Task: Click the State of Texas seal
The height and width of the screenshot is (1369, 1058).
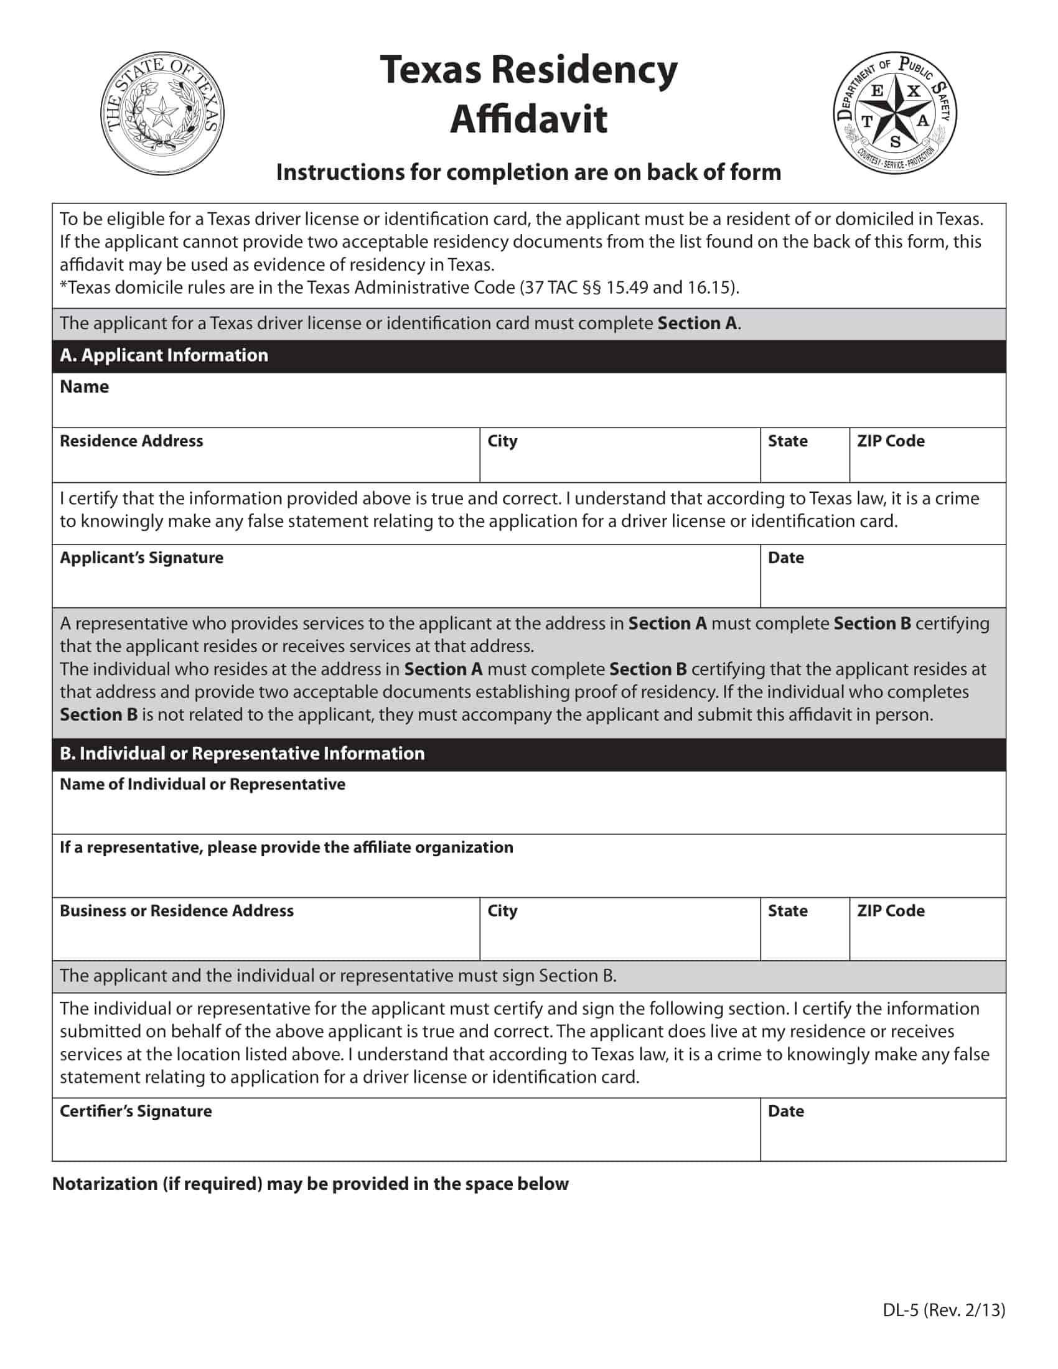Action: point(162,113)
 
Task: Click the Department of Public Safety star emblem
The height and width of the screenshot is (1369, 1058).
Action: point(894,113)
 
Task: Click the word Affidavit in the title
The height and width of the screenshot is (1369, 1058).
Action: point(528,119)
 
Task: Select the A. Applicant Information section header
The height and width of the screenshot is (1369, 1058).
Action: point(164,355)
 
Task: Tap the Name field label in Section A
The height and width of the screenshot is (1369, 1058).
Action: point(84,387)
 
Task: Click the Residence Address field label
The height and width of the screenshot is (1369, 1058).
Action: point(131,441)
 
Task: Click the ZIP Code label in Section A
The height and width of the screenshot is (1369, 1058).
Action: point(890,441)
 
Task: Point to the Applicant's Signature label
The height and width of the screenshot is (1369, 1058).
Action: point(141,558)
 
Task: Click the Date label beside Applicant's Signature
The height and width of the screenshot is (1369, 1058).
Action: point(785,558)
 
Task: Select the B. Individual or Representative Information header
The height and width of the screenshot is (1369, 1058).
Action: point(242,754)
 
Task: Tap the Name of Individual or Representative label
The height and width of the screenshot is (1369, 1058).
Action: point(202,784)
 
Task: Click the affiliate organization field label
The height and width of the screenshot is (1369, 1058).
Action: point(286,848)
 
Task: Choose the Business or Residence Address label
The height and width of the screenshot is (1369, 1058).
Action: point(176,911)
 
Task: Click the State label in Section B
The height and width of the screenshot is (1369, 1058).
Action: point(787,911)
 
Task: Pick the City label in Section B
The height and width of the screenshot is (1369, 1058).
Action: point(502,911)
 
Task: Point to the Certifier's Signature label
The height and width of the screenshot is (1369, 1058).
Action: point(136,1111)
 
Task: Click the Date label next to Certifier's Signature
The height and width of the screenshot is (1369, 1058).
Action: point(785,1111)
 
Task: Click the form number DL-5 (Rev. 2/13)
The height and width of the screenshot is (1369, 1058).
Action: point(943,1310)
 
